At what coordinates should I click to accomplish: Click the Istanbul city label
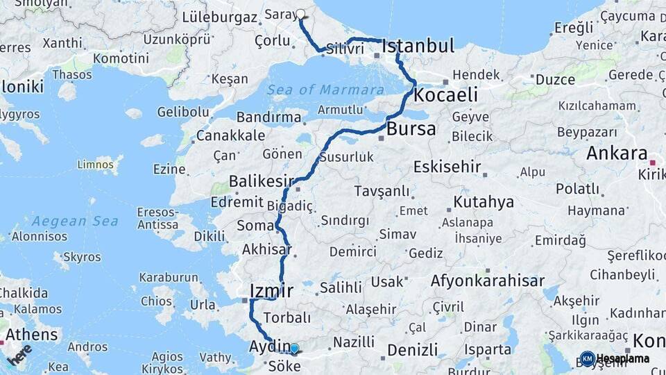coord(418,47)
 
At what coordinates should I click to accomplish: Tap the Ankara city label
coord(617,153)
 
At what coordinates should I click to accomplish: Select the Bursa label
coord(411,128)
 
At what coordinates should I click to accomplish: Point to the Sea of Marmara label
coord(326,90)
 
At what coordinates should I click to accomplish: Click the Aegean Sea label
coord(69,221)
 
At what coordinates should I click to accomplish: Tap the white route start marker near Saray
coord(301,13)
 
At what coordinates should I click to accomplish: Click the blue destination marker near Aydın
coord(294,349)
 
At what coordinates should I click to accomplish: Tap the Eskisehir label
coord(447,167)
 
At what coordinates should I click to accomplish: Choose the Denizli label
coord(413,349)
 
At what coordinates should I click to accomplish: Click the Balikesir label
coord(262,182)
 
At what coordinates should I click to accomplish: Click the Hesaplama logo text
coord(622,359)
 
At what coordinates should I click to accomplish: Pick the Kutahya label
coord(484,202)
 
